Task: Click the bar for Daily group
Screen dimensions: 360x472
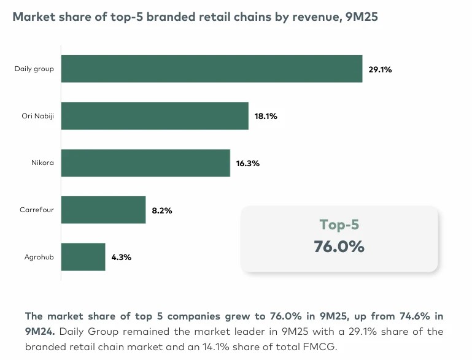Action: (x=212, y=69)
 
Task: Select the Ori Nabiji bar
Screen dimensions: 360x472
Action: (x=155, y=116)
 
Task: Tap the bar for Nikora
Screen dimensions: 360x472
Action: (x=145, y=163)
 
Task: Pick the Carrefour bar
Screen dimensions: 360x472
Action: (x=103, y=210)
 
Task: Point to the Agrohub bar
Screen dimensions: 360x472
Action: (x=83, y=257)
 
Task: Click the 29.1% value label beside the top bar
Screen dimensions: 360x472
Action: (x=380, y=69)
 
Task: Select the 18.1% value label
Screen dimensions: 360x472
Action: (x=266, y=117)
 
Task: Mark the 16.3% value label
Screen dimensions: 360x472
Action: (x=248, y=164)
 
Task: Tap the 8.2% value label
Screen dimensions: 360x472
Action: (x=162, y=210)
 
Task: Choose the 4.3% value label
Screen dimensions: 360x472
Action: (x=122, y=258)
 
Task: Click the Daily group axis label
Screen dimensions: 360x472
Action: (x=34, y=69)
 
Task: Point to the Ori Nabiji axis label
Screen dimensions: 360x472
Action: (x=37, y=116)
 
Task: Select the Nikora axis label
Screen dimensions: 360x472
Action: (x=43, y=163)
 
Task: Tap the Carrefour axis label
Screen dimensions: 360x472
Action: (x=37, y=210)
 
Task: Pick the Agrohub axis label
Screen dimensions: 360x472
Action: (x=38, y=257)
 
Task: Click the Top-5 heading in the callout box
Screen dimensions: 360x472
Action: (x=339, y=225)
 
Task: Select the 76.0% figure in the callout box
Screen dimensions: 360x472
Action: (x=339, y=247)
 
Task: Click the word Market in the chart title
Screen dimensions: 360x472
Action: (x=33, y=17)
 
